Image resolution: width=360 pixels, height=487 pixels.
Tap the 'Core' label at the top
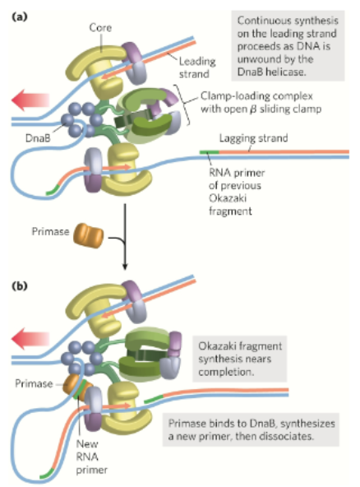[99, 27]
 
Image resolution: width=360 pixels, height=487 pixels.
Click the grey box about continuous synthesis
[287, 45]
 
